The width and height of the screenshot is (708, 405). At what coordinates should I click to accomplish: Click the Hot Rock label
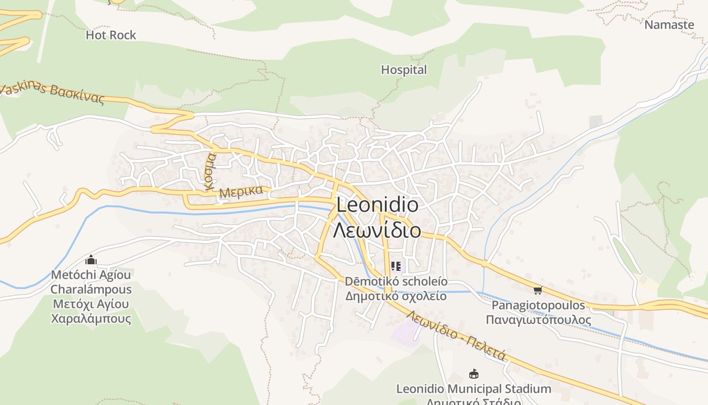coord(111,35)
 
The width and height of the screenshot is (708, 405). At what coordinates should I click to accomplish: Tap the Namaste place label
coord(669,24)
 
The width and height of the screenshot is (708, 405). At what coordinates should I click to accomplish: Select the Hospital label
coord(404,70)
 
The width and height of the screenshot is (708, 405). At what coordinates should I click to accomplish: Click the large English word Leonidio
coord(377,205)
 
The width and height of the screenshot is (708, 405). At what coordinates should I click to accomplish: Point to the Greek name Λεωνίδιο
coord(377,230)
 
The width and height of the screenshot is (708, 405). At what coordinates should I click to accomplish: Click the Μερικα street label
coord(241,192)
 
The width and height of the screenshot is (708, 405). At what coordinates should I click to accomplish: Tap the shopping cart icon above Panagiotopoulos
coord(538,290)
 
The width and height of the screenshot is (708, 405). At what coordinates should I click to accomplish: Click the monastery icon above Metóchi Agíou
coord(91,260)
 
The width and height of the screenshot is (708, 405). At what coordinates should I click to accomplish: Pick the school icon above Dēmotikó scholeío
coord(396,266)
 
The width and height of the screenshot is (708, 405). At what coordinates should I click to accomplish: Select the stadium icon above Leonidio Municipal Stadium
coord(474,374)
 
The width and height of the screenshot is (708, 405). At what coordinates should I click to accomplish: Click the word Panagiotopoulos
coord(538,305)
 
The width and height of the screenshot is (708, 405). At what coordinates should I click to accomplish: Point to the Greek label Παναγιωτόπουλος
coord(538,320)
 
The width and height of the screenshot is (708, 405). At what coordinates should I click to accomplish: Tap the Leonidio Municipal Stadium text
coord(473,389)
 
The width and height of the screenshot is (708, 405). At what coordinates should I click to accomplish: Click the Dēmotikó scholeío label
coord(396,281)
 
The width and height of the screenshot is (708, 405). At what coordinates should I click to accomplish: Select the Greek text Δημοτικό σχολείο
coord(396,296)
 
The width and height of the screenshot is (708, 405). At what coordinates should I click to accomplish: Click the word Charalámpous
coord(91,290)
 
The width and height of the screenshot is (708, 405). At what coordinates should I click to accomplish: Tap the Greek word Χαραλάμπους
coord(91,319)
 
